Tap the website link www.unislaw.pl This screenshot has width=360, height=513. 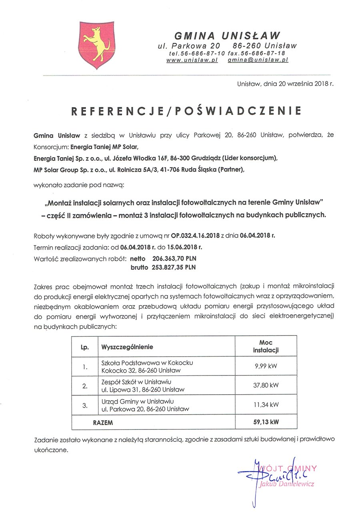coord(192,60)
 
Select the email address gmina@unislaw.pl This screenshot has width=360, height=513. coord(258,60)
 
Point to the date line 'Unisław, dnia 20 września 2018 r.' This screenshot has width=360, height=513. coord(285,84)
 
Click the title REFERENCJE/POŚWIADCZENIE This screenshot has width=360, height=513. coord(186,111)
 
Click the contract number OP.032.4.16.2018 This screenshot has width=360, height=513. coord(186,235)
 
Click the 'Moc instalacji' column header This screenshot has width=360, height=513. coord(266,347)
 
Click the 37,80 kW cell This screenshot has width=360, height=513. coord(266,385)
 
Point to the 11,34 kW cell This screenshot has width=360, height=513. coord(266,405)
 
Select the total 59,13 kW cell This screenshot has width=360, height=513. coord(266,422)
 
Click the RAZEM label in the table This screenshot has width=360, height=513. coord(103,422)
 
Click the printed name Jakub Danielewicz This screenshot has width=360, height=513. coord(287,484)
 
